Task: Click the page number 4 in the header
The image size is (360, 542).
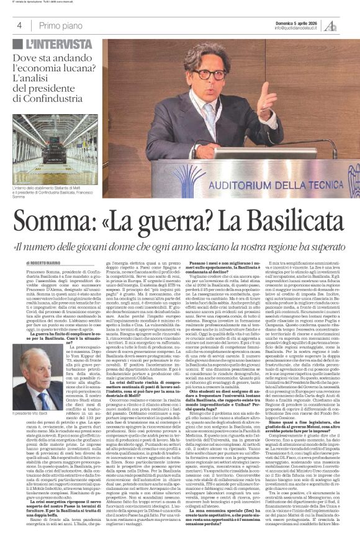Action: coord(20,25)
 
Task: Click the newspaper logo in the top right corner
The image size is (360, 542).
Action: coord(349,24)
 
